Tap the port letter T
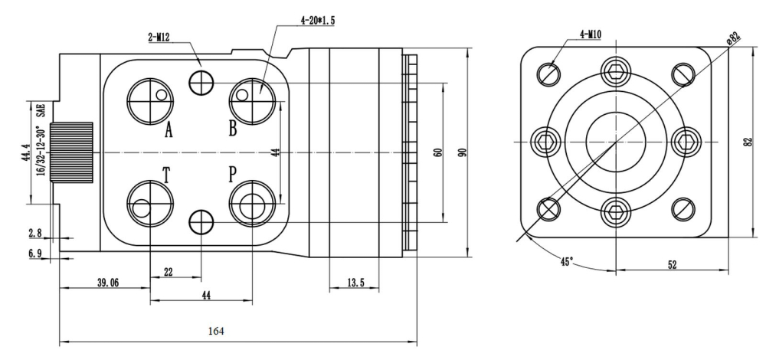(166, 175)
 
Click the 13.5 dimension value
(355, 283)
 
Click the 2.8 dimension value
(35, 232)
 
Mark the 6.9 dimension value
(35, 254)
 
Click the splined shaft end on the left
(71, 151)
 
